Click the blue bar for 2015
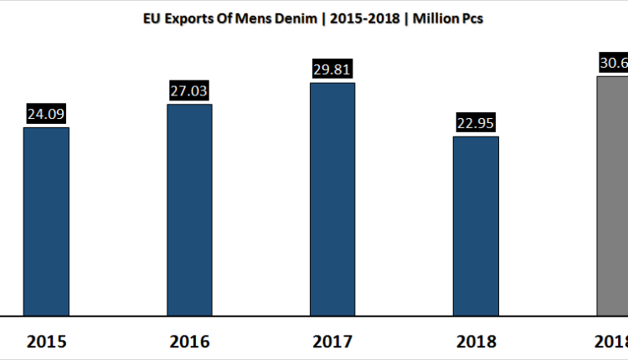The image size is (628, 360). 46,221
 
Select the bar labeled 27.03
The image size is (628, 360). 189,209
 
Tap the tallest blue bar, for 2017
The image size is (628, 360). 332,199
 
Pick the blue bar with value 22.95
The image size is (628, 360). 476,226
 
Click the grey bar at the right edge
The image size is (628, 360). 611,196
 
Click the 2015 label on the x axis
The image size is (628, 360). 46,342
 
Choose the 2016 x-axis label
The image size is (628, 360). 189,342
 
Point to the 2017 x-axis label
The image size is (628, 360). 332,342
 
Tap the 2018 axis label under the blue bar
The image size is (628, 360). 476,342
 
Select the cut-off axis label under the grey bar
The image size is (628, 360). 614,342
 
